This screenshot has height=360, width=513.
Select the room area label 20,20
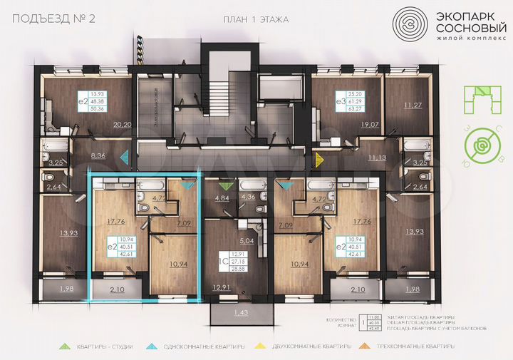122,124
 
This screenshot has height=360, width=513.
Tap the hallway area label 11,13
377,155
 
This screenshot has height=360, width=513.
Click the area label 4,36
248,197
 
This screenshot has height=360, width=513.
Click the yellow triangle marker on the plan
318,158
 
